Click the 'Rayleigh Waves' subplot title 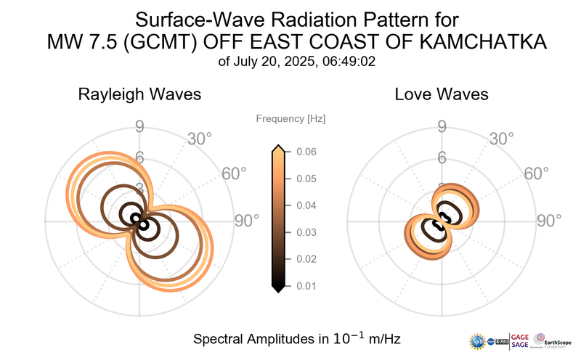[139, 94]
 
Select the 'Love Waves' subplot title [441, 94]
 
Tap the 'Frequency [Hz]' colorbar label [290, 118]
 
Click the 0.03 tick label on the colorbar [306, 232]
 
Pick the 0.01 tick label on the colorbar [306, 286]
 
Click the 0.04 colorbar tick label [306, 205]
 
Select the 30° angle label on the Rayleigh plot [200, 138]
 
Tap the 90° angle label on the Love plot [548, 221]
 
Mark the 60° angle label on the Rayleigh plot [233, 173]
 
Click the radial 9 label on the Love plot [441, 128]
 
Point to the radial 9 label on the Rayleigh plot [139, 128]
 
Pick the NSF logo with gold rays [479, 341]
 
